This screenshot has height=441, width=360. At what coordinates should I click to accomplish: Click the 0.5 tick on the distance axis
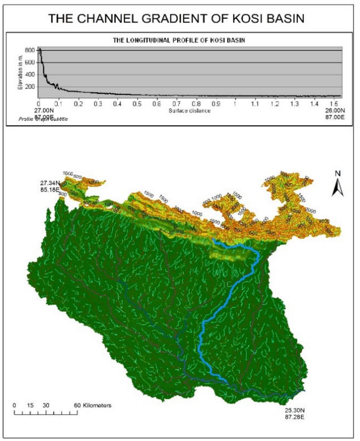coord(137,104)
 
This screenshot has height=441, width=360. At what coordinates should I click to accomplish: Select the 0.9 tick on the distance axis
coord(216,104)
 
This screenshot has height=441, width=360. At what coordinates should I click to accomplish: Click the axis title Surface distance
coord(189,111)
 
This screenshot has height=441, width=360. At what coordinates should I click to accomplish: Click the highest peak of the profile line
coord(40,49)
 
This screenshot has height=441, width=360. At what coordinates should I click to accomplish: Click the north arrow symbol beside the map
coord(337,188)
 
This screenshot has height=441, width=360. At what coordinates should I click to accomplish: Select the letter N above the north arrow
coord(337,174)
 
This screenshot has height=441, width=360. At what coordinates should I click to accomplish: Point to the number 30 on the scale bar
coord(46,405)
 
